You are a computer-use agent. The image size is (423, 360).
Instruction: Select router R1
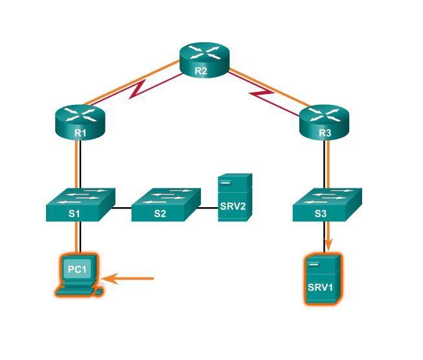tap(80, 120)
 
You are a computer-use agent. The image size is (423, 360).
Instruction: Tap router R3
tap(324, 122)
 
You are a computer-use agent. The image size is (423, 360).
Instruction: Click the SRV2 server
tap(233, 197)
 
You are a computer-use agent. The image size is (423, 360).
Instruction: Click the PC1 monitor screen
tap(78, 269)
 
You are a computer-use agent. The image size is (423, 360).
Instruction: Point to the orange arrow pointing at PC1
tap(130, 279)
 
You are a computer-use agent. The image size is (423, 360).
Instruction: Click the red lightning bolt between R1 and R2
tap(139, 90)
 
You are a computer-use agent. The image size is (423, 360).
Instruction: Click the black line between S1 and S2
tap(123, 208)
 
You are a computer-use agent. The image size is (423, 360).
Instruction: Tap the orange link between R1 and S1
tap(80, 165)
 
